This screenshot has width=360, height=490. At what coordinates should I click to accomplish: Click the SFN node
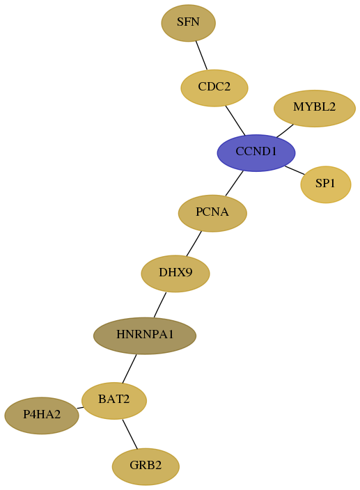[188, 23]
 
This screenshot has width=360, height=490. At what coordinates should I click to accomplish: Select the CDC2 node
[214, 88]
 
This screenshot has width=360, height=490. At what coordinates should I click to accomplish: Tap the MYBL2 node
[314, 109]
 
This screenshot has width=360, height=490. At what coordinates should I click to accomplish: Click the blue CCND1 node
[256, 153]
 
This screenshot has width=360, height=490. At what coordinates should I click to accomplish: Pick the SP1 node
[326, 184]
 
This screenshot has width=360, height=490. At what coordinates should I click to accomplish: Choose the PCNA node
[212, 213]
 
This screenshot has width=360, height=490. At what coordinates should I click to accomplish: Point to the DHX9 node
[175, 274]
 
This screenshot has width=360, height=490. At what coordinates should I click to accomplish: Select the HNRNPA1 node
[145, 335]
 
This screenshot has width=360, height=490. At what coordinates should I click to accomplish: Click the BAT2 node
[114, 401]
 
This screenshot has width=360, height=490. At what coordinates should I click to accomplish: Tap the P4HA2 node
[42, 416]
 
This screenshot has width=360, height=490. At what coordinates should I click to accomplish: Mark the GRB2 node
[146, 466]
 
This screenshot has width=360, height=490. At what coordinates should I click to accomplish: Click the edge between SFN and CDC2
[201, 55]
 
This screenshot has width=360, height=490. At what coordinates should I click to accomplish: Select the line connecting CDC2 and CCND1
[235, 120]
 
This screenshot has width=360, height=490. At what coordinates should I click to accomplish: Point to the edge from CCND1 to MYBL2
[285, 131]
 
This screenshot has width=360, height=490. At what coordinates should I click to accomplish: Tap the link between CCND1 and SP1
[295, 171]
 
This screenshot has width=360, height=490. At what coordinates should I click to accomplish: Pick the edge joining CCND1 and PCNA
[234, 184]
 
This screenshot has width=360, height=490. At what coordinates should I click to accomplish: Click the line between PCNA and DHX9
[194, 244]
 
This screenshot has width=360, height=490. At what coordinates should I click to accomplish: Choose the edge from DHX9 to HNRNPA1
[160, 305]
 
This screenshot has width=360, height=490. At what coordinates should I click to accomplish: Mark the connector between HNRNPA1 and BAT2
[130, 369]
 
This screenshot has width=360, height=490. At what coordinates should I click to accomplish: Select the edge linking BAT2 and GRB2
[130, 434]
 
